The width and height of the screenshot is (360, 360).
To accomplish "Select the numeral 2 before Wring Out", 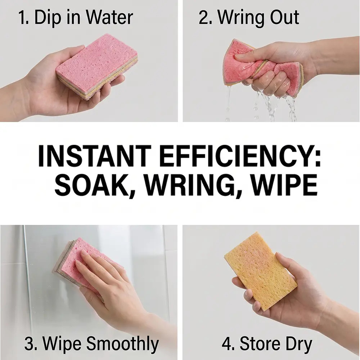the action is (203, 17).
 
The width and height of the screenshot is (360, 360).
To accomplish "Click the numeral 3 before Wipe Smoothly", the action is (29, 344).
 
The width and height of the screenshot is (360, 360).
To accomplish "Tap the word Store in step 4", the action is (260, 344).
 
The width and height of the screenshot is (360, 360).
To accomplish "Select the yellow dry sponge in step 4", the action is (260, 271).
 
